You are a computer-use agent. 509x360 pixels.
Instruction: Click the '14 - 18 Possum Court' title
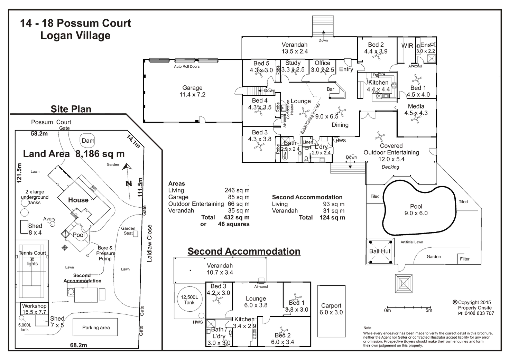pos(75,23)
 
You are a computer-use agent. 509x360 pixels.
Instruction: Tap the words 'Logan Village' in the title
pos(75,36)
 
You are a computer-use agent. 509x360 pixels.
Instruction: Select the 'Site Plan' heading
pos(71,109)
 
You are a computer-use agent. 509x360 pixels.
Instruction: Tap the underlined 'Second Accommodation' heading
pos(244,252)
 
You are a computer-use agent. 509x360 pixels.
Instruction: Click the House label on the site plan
pos(78,200)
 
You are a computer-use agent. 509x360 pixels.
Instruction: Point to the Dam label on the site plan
pos(88,141)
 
